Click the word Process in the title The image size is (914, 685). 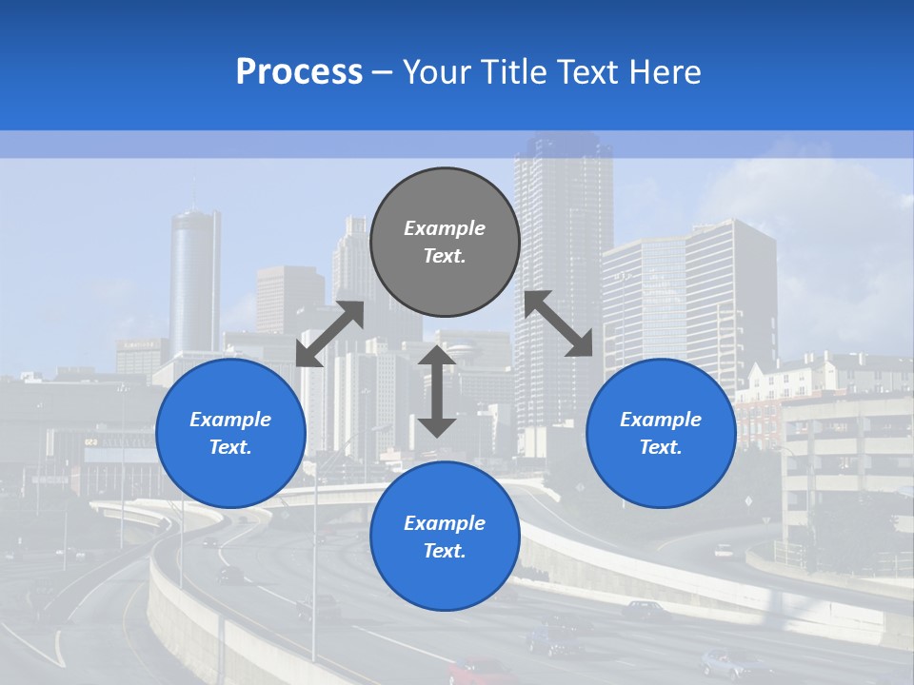[x=299, y=72]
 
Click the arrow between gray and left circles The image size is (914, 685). [x=329, y=334]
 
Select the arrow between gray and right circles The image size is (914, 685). [x=559, y=323]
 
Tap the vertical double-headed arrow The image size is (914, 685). [x=437, y=391]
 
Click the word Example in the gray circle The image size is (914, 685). [x=445, y=228]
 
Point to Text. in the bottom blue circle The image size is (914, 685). [x=445, y=551]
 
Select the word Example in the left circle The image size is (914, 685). [x=230, y=420]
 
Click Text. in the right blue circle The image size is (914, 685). [x=661, y=447]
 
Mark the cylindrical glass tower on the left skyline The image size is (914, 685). [x=195, y=281]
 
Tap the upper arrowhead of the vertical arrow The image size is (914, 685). [x=437, y=358]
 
